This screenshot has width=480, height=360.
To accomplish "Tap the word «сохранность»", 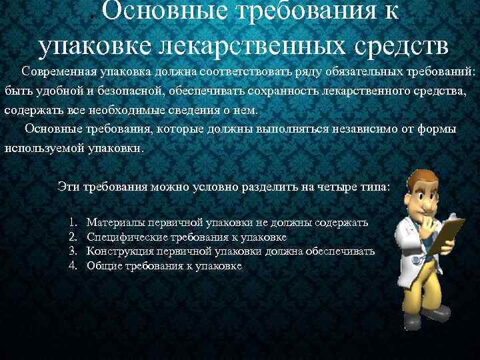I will [x=281, y=91].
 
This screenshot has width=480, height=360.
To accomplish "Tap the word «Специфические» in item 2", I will [x=126, y=237].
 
